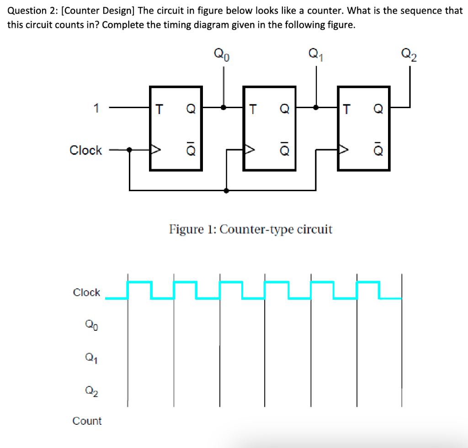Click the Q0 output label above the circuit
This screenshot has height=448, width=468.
pyautogui.click(x=223, y=55)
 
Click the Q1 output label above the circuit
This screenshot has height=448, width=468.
pyautogui.click(x=316, y=55)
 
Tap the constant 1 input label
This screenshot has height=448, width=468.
pyautogui.click(x=96, y=108)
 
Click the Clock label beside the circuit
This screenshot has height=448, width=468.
pyautogui.click(x=85, y=150)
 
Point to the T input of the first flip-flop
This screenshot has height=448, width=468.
pyautogui.click(x=159, y=109)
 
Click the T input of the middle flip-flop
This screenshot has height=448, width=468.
pyautogui.click(x=252, y=109)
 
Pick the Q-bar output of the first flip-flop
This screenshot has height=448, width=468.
pyautogui.click(x=191, y=150)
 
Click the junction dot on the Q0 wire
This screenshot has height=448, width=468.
pyautogui.click(x=223, y=108)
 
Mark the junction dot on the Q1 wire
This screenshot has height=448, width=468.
pyautogui.click(x=316, y=108)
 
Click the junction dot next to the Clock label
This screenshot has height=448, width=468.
pyautogui.click(x=130, y=149)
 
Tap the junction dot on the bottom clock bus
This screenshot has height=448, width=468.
pyautogui.click(x=226, y=190)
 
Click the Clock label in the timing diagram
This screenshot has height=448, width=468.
pyautogui.click(x=86, y=292)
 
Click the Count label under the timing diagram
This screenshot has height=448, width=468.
pyautogui.click(x=87, y=421)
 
